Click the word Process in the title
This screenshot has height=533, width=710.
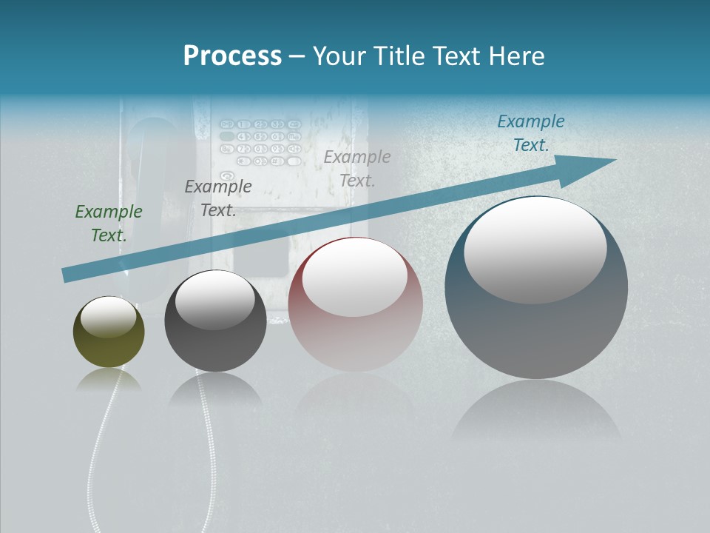click(x=232, y=56)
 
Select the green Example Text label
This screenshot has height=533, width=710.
click(x=109, y=223)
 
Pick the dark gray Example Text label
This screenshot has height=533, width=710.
click(x=218, y=198)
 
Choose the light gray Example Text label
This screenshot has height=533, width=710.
click(x=357, y=168)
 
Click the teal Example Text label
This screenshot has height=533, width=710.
click(x=531, y=133)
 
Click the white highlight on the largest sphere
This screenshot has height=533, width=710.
click(x=535, y=249)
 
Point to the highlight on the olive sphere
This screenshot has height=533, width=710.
click(x=109, y=317)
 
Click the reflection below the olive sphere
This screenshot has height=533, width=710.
click(x=109, y=381)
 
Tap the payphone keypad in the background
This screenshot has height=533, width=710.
click(x=261, y=141)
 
